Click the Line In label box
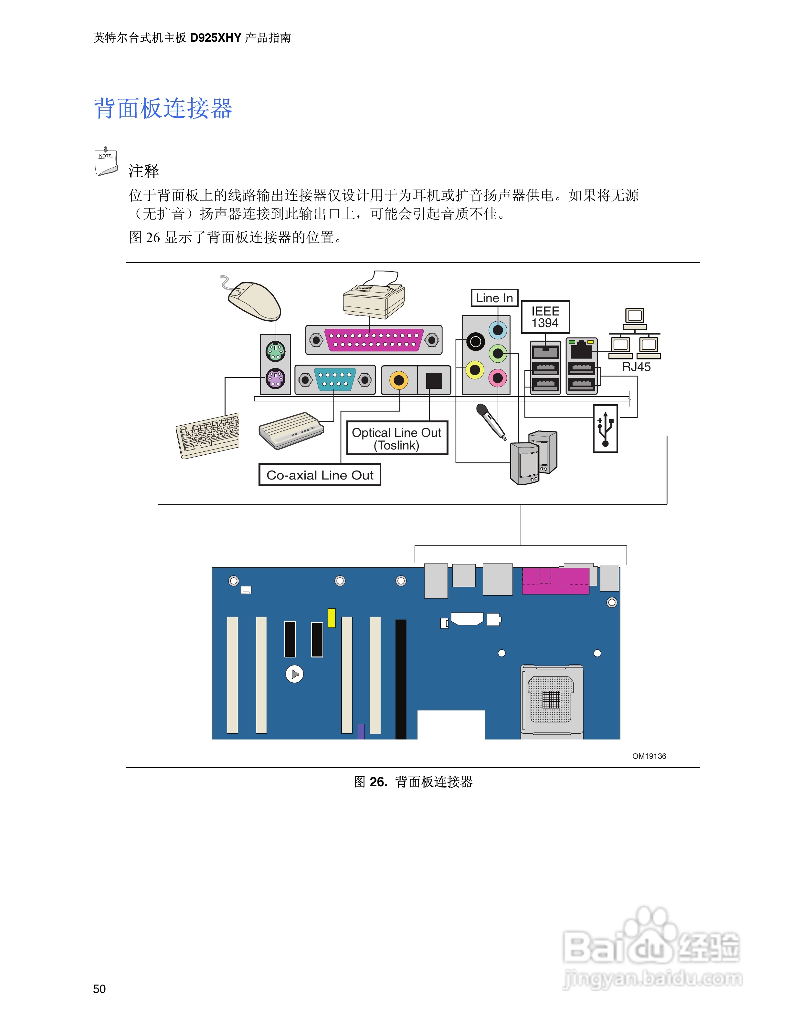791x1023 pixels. [x=494, y=298]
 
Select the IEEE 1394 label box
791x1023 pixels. [x=545, y=317]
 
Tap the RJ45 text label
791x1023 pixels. [x=636, y=367]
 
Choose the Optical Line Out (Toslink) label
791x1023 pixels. [x=397, y=439]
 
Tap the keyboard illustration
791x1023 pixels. [x=207, y=436]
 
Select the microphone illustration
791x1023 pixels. [x=490, y=421]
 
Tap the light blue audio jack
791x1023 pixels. [x=498, y=330]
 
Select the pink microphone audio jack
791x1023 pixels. [x=498, y=377]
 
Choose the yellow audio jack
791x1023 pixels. [x=475, y=370]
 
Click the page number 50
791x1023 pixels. [x=99, y=989]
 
